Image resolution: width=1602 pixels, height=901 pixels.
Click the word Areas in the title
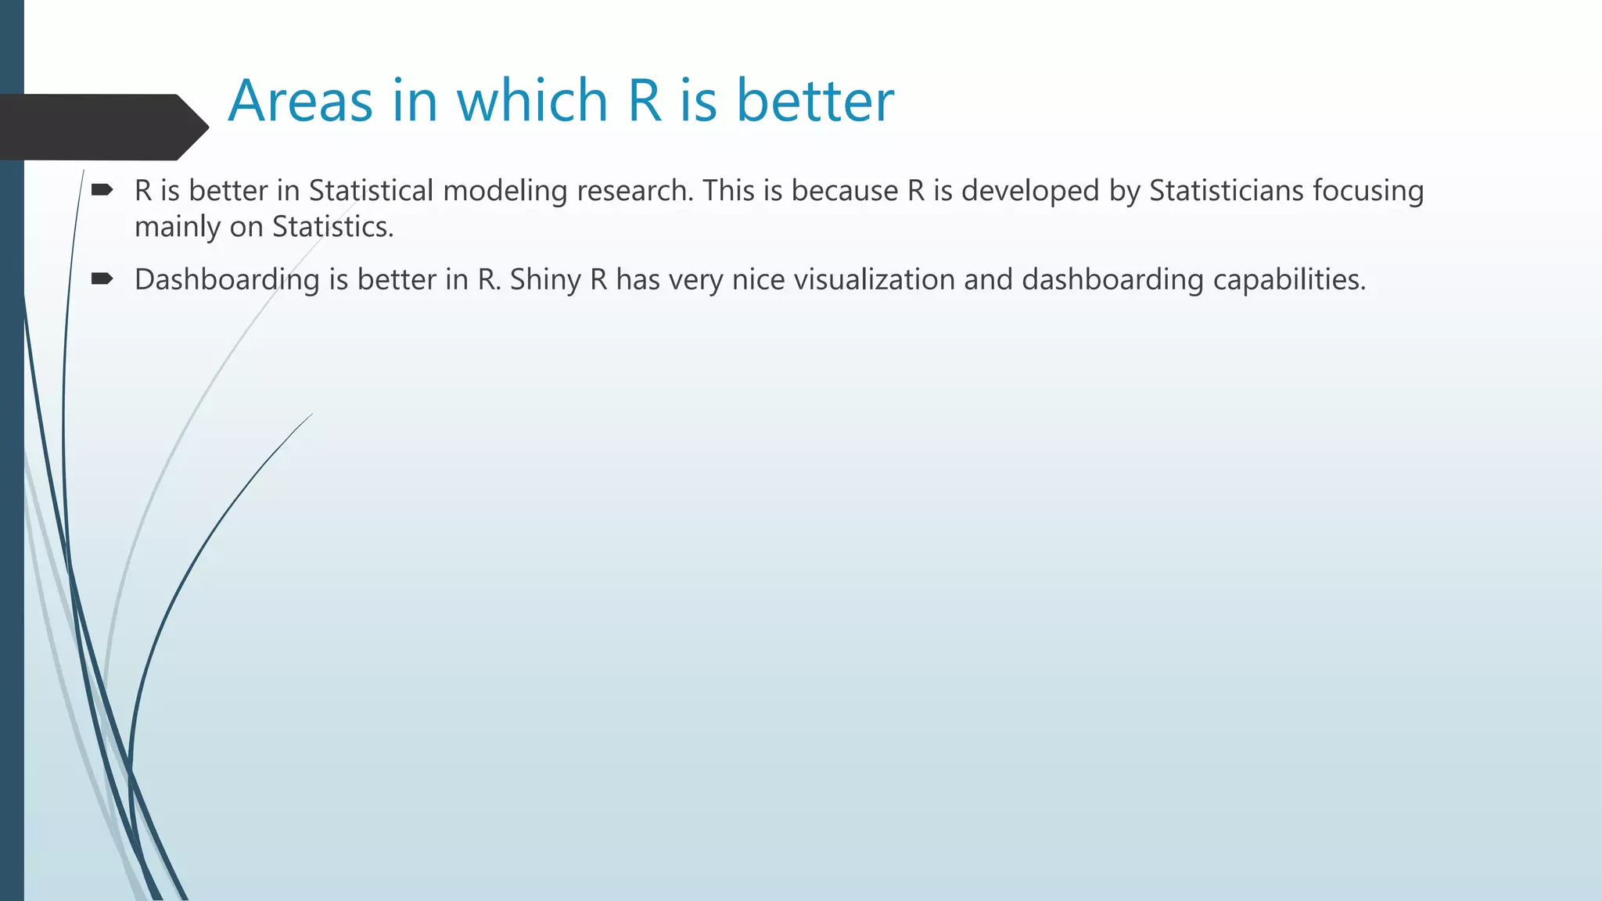[x=300, y=102]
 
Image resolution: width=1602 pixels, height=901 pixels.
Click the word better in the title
[x=815, y=102]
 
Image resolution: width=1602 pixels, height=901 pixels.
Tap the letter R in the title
[x=645, y=102]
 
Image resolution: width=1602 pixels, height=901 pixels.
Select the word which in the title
[x=532, y=102]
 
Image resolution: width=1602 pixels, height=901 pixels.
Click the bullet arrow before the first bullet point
[x=102, y=189]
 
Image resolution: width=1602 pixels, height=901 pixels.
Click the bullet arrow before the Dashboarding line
[x=102, y=278]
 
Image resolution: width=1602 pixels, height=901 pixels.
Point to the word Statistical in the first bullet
[x=371, y=191]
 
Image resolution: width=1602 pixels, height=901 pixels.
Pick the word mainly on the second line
[x=177, y=227]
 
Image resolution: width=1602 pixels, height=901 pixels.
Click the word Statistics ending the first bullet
[x=332, y=227]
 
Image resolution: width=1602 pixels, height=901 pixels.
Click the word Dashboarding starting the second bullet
[x=227, y=280]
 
